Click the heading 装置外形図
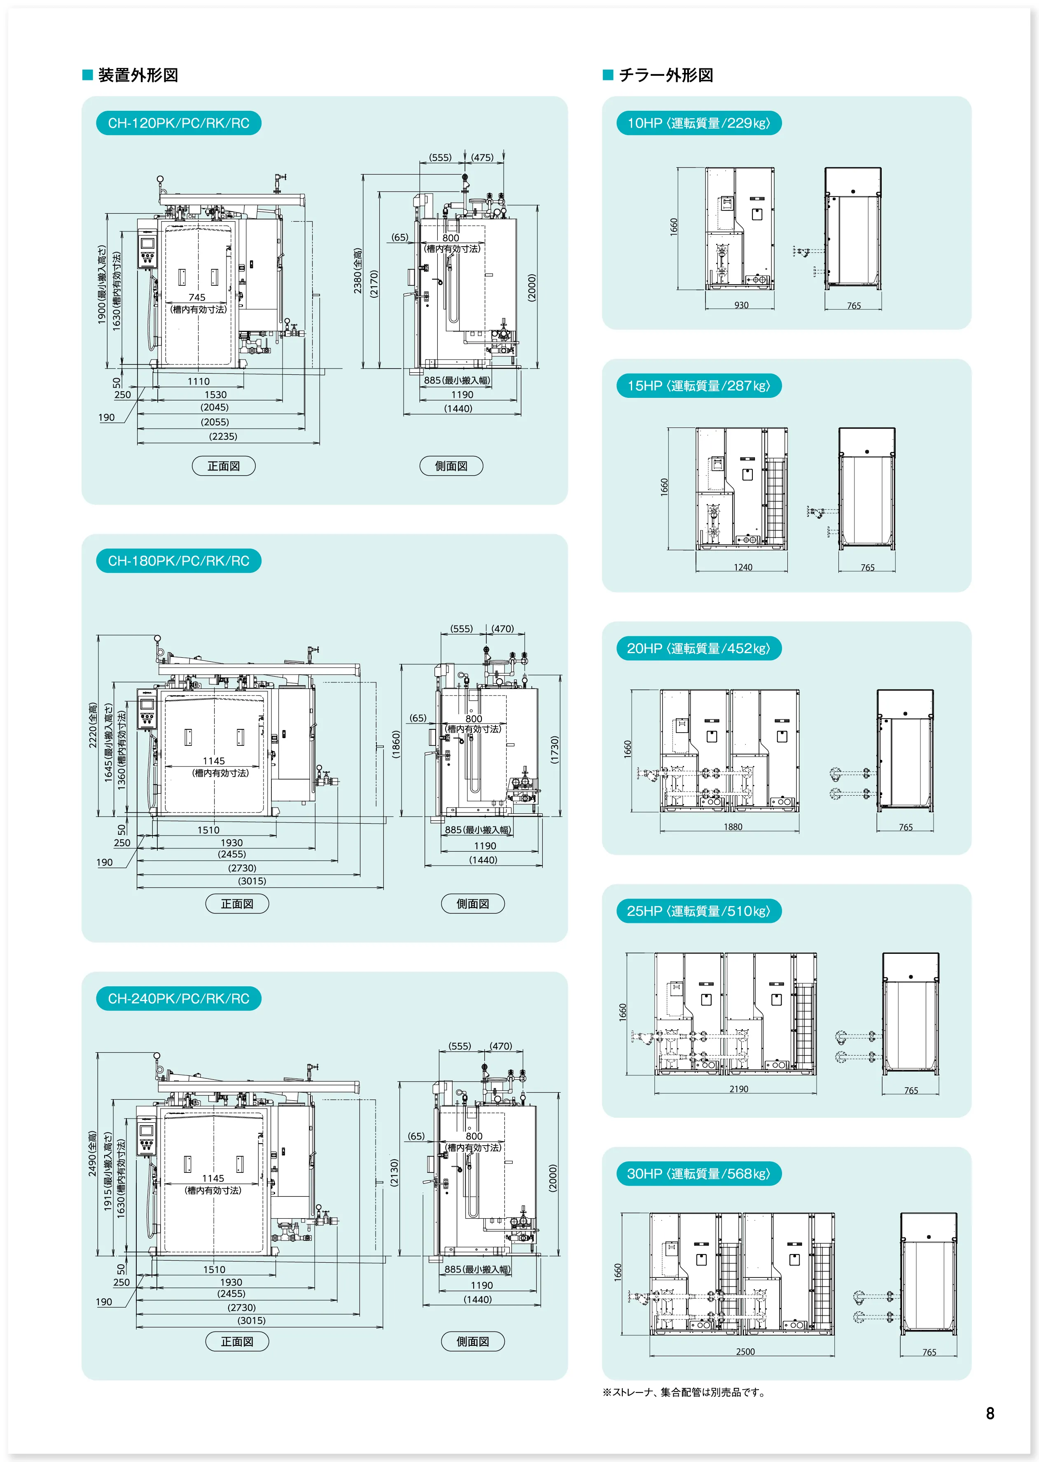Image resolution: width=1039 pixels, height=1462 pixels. [x=138, y=75]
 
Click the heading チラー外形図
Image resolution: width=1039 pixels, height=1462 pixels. [x=665, y=75]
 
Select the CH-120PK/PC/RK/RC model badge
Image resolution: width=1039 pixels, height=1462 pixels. [x=178, y=123]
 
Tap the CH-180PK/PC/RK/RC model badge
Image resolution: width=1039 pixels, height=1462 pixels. [x=178, y=561]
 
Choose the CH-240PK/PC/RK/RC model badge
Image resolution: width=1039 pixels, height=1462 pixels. [x=178, y=998]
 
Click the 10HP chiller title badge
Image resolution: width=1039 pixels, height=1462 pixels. [x=698, y=123]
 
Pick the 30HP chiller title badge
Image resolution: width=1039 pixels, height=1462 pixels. [x=698, y=1173]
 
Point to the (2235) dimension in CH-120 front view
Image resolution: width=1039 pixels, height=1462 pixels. [x=223, y=437]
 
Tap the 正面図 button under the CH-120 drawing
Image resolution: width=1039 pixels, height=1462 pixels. [x=223, y=466]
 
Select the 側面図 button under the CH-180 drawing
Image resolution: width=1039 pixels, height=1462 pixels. [x=473, y=904]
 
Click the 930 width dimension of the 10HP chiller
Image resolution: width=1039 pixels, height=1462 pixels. [x=741, y=305]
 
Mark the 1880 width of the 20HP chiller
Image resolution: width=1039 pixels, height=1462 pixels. [x=733, y=827]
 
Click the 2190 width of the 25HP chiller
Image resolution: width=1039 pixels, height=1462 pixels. [x=738, y=1089]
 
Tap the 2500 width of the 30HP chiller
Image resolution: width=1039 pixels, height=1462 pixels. [x=745, y=1351]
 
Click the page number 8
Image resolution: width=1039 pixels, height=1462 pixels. [x=990, y=1413]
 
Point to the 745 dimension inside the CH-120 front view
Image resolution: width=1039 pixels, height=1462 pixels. [x=197, y=297]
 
